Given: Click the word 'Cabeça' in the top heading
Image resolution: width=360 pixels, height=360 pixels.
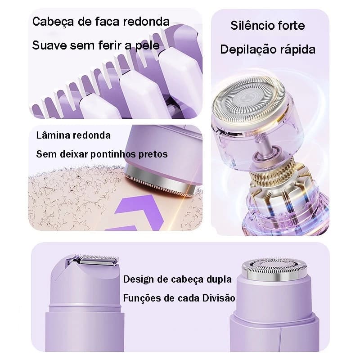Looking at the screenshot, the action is pos(53,22).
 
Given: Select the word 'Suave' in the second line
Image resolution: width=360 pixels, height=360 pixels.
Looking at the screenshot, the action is pos(49,45).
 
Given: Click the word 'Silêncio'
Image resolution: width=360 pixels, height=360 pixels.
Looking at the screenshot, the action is pos(252,26).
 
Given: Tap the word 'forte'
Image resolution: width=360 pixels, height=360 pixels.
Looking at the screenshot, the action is pos(291,26).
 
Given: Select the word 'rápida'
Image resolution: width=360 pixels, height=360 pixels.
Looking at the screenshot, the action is pos(298,50).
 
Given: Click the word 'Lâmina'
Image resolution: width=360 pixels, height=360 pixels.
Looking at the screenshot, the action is pos(53,135).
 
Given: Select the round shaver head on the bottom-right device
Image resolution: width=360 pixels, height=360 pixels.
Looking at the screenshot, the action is pos(274,269).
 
